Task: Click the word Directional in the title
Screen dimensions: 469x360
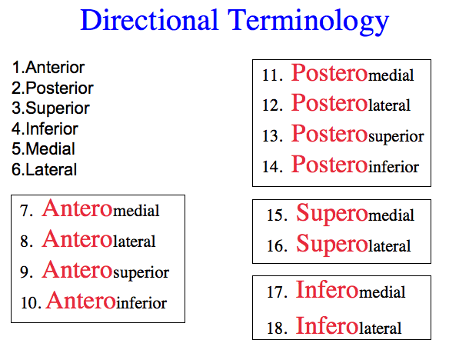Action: (149, 20)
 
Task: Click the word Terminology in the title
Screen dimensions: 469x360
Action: (308, 22)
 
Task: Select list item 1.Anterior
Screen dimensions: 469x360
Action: (48, 68)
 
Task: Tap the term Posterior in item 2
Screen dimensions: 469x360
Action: (59, 88)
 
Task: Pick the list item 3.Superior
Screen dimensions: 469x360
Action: (51, 108)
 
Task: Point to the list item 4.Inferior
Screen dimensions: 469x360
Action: (45, 129)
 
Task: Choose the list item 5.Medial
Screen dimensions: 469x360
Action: (43, 149)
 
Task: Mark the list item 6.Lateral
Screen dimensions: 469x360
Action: (45, 170)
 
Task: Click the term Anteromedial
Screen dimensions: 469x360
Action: (101, 208)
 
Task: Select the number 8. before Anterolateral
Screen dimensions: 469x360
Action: (26, 242)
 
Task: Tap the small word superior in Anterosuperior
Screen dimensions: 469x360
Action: (141, 273)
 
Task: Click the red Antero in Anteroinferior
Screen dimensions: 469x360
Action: (81, 301)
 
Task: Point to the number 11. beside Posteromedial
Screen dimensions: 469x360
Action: (272, 75)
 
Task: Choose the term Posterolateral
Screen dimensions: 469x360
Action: (351, 103)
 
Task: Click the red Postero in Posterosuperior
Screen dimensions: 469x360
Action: (329, 134)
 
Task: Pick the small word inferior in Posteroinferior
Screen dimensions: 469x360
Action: (394, 167)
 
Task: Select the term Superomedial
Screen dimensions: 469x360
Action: (355, 213)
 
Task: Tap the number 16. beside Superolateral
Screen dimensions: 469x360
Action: (277, 246)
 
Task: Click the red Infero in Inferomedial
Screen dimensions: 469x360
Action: (327, 290)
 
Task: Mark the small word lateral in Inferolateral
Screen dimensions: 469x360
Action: (380, 328)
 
